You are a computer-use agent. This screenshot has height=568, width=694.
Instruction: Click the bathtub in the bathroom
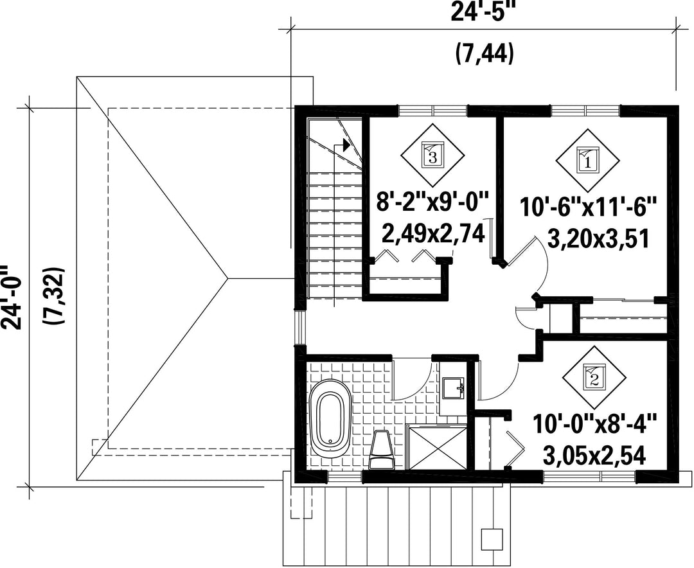(x=331, y=418)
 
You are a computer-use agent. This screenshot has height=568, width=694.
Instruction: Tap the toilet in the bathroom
(x=381, y=449)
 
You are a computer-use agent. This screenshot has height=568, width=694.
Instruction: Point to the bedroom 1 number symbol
(x=588, y=160)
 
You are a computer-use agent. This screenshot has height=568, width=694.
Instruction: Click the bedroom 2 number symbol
(x=594, y=378)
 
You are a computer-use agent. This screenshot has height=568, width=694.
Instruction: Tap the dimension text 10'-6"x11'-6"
(x=587, y=207)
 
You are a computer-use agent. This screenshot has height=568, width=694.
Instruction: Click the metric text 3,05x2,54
(x=594, y=455)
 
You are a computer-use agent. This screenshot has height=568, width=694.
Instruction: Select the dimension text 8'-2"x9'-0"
(x=432, y=203)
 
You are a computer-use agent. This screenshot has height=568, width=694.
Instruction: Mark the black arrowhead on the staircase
(x=346, y=145)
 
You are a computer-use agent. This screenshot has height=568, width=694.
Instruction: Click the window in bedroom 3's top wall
(x=432, y=110)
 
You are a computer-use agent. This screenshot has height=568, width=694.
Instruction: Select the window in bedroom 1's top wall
(x=585, y=110)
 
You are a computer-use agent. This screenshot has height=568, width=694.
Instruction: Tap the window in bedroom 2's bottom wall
(x=589, y=476)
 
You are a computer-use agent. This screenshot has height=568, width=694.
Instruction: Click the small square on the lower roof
(x=492, y=538)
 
